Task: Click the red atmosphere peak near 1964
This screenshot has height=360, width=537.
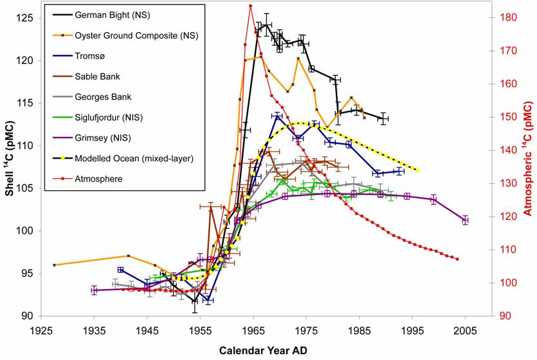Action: [x=250, y=6]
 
